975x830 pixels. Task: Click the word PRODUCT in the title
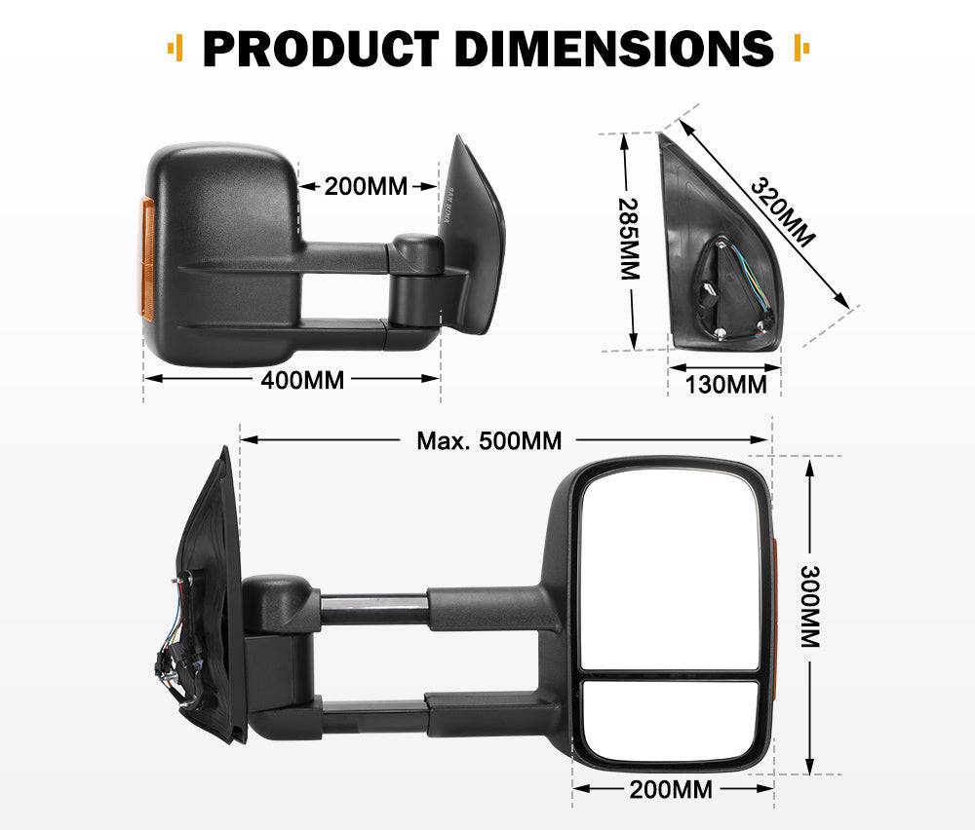[321, 49]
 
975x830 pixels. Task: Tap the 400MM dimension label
[302, 380]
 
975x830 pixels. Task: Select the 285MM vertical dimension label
[629, 240]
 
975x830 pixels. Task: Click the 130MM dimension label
[725, 385]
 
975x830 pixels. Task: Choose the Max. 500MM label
[489, 441]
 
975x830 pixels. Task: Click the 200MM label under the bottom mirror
[671, 789]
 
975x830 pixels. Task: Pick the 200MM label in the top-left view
[366, 185]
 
